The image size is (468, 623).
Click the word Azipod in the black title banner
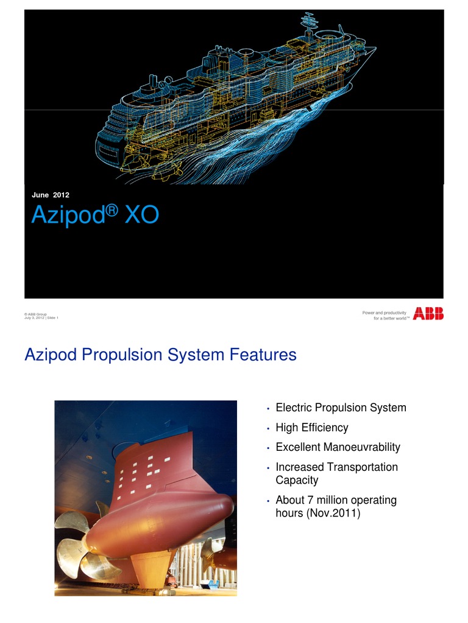(x=69, y=216)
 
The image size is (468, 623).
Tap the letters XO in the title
(x=141, y=216)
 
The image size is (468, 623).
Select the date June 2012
(x=51, y=195)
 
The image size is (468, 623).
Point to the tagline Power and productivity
(x=385, y=313)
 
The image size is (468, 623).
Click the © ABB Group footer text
(x=36, y=314)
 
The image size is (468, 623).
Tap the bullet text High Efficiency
(x=312, y=428)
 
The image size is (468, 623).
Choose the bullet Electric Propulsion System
(x=341, y=408)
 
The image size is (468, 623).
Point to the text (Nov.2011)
(x=331, y=513)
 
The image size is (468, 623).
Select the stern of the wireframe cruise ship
(x=107, y=140)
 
